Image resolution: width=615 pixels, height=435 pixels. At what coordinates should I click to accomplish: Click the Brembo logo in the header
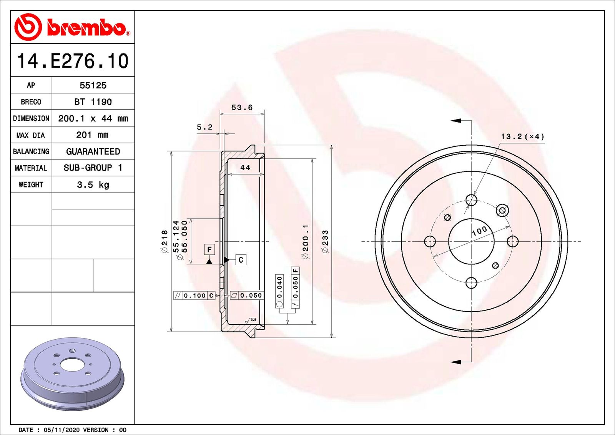[72, 27]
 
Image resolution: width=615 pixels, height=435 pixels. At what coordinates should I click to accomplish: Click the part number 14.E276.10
[73, 61]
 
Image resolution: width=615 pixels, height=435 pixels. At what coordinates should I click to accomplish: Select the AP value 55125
[93, 85]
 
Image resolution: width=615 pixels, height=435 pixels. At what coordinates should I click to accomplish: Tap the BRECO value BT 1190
[93, 102]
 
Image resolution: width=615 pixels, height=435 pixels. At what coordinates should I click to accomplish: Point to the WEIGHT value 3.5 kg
[93, 185]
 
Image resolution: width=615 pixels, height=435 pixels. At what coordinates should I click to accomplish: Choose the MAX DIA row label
[31, 135]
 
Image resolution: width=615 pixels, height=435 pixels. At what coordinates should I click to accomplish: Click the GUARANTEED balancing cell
[93, 151]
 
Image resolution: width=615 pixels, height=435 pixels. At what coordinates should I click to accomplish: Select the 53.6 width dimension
[242, 108]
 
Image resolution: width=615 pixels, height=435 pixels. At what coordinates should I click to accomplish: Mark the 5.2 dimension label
[204, 127]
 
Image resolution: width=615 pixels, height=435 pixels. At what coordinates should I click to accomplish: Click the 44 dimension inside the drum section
[245, 168]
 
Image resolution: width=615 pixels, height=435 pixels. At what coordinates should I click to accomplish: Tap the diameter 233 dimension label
[326, 241]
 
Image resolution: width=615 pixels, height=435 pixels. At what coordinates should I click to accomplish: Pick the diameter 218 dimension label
[165, 241]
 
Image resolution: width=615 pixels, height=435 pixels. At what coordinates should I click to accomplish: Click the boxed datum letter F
[209, 249]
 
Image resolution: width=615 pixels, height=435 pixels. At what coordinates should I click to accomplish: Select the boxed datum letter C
[241, 260]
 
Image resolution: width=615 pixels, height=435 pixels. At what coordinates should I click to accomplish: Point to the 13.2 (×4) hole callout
[522, 137]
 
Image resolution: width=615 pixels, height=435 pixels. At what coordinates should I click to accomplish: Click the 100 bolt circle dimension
[479, 231]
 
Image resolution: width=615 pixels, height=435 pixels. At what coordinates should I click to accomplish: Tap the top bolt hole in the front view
[471, 200]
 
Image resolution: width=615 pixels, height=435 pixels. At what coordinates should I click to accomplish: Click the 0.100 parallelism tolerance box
[194, 296]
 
